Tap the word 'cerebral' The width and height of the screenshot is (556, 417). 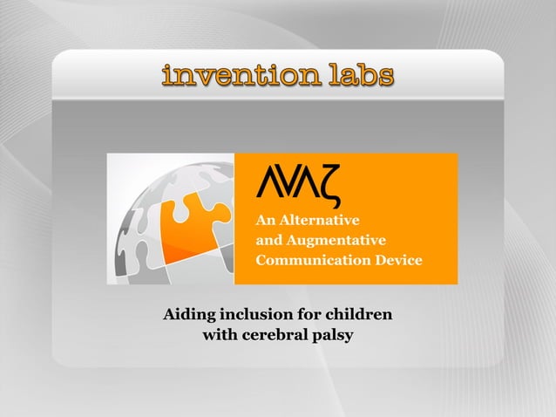[x=272, y=334]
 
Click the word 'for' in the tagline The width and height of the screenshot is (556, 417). [x=306, y=313]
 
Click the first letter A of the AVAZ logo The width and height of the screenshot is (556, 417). [x=269, y=183]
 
